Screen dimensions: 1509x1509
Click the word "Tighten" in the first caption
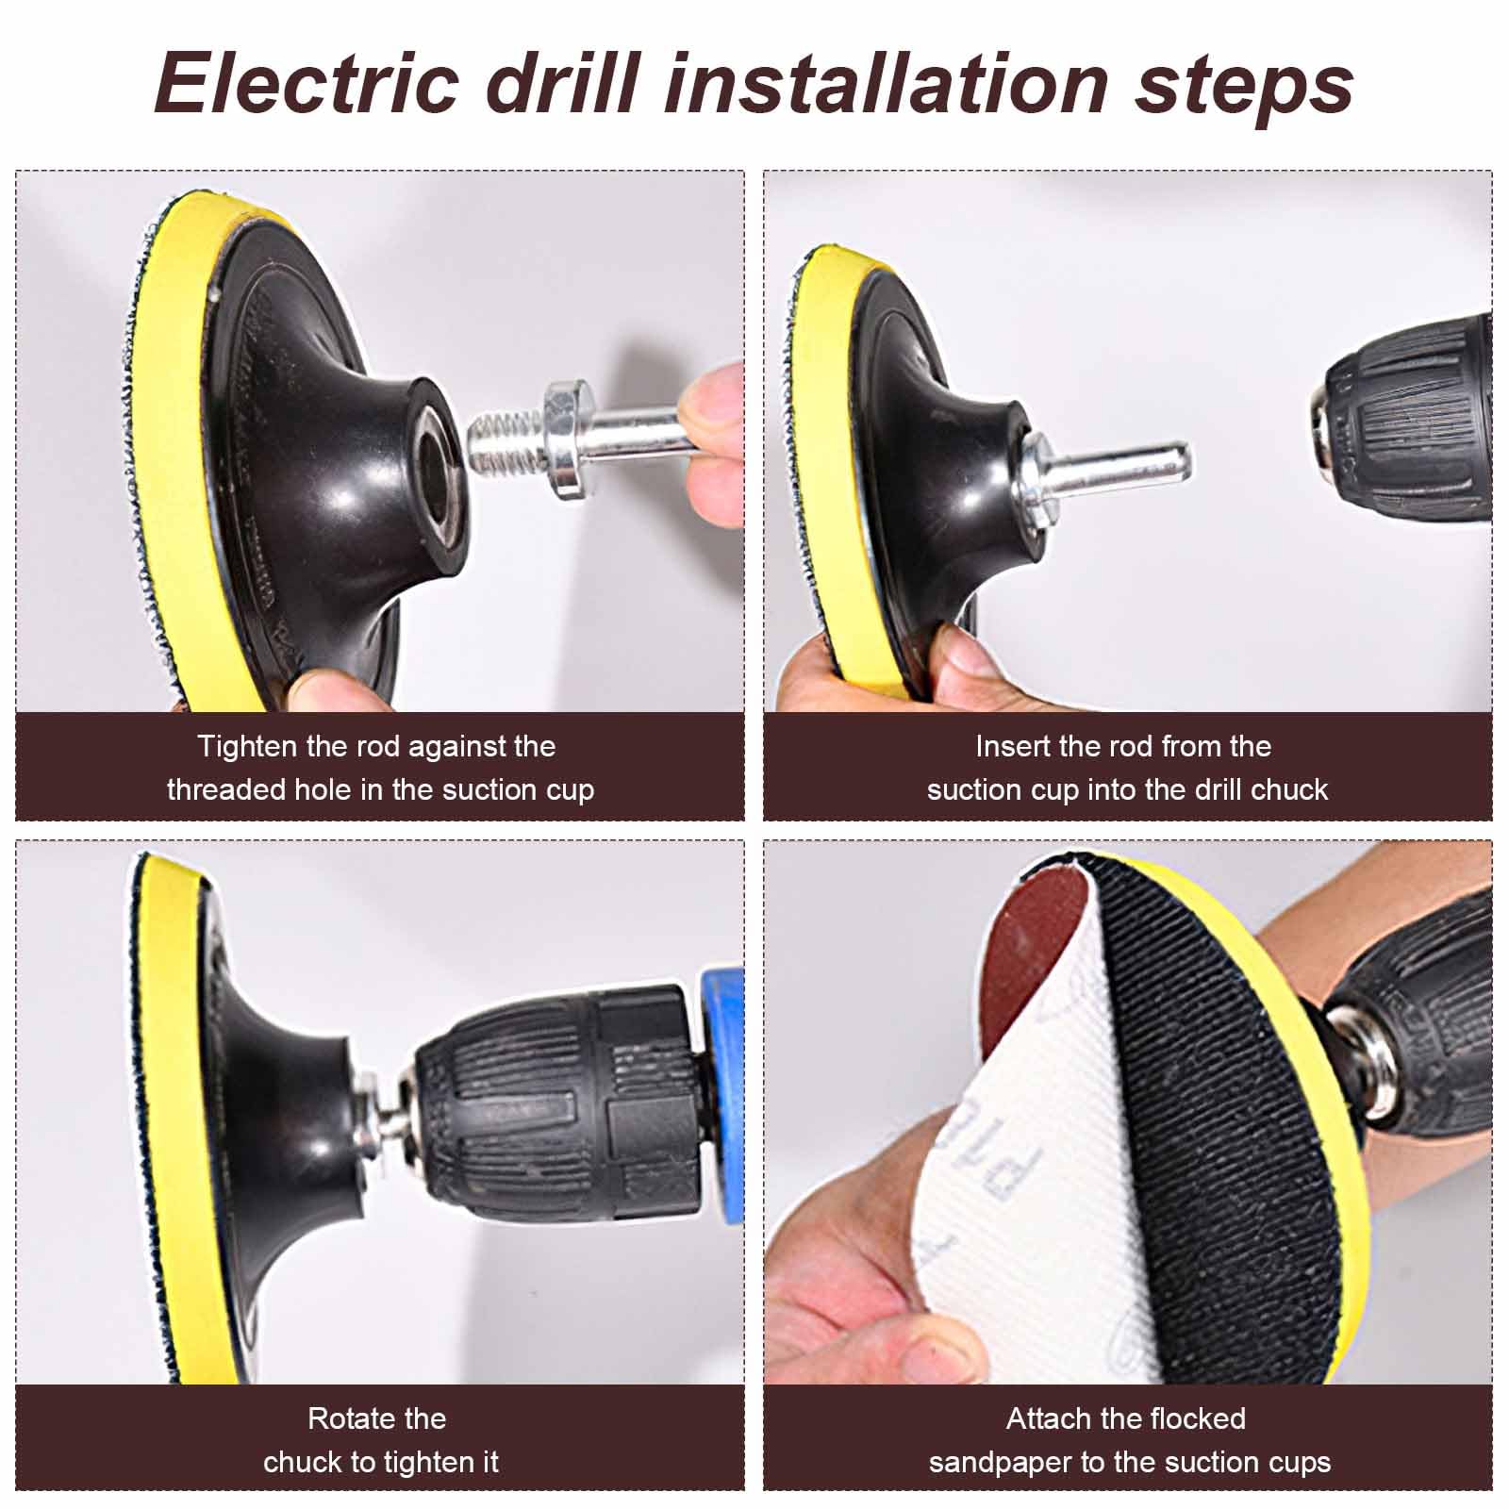pyautogui.click(x=246, y=747)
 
